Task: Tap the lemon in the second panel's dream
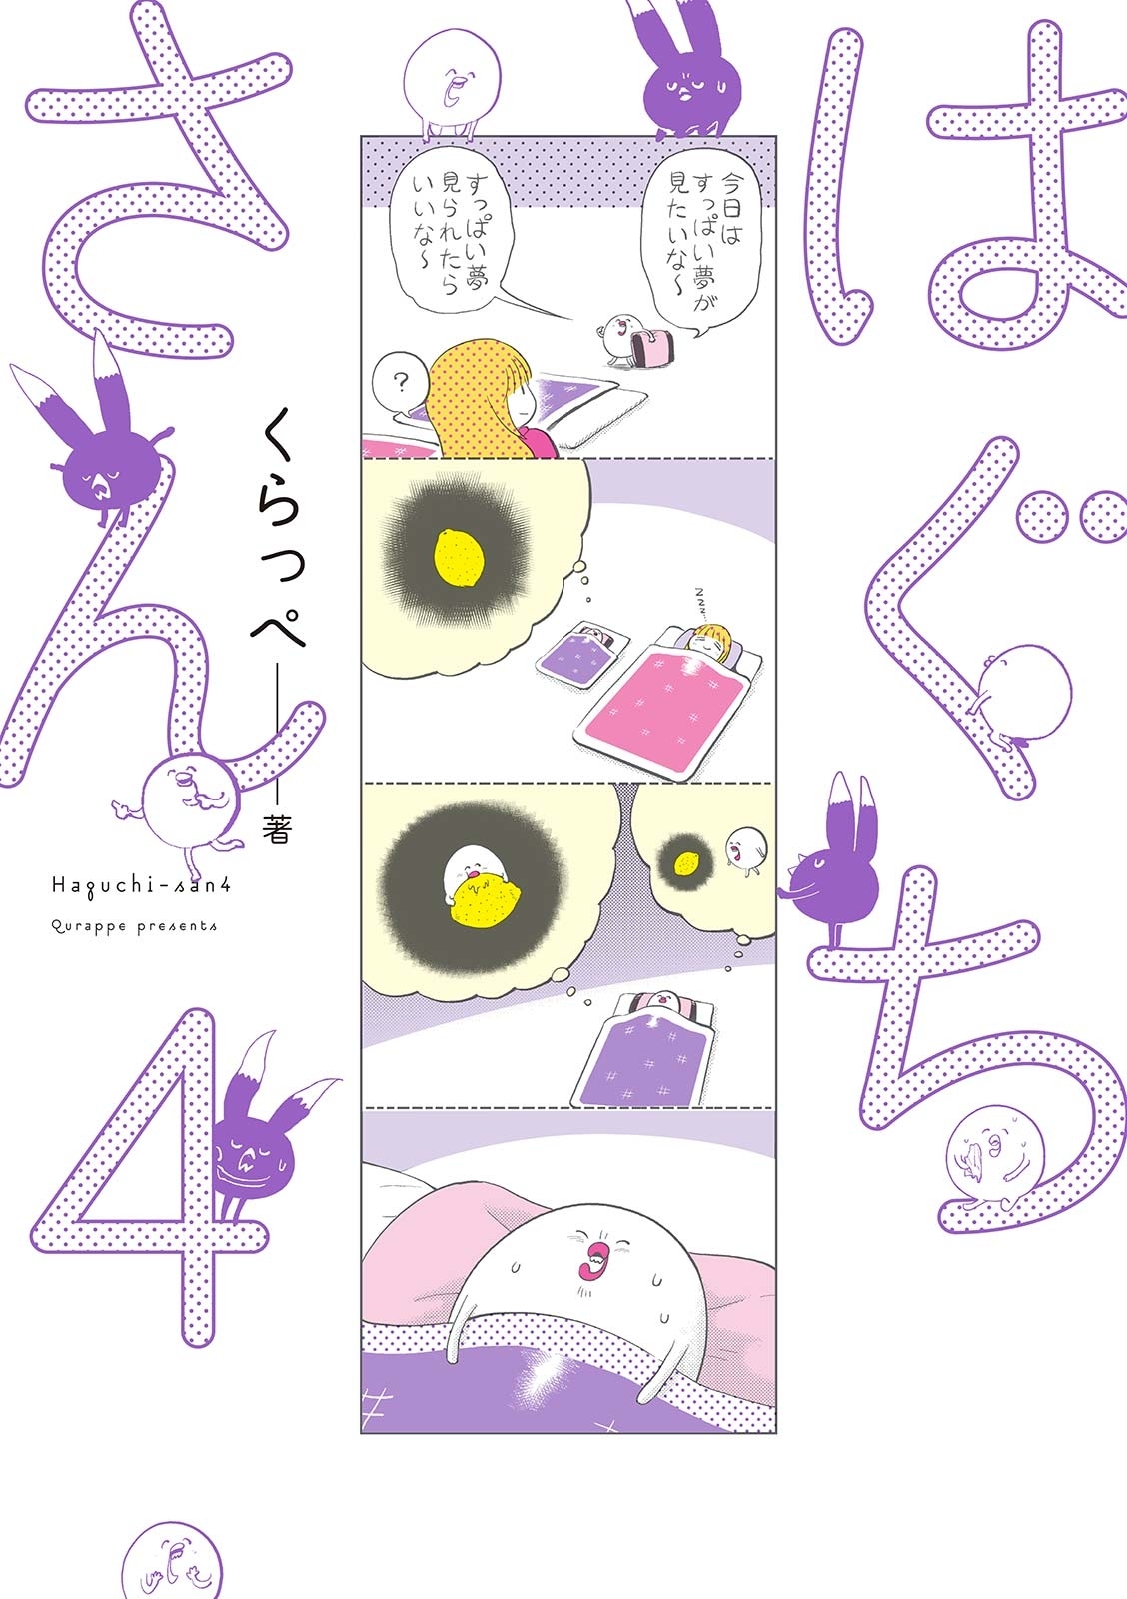[x=460, y=556]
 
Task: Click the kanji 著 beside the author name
[x=276, y=828]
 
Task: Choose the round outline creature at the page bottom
[x=172, y=1564]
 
